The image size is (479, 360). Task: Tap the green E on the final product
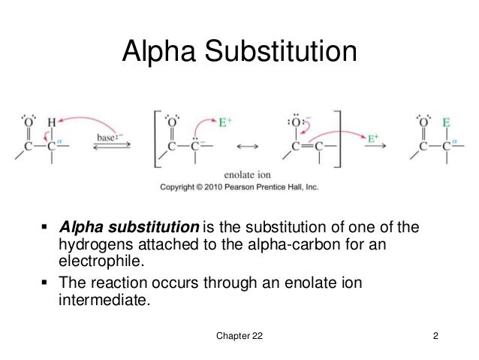click(x=446, y=120)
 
